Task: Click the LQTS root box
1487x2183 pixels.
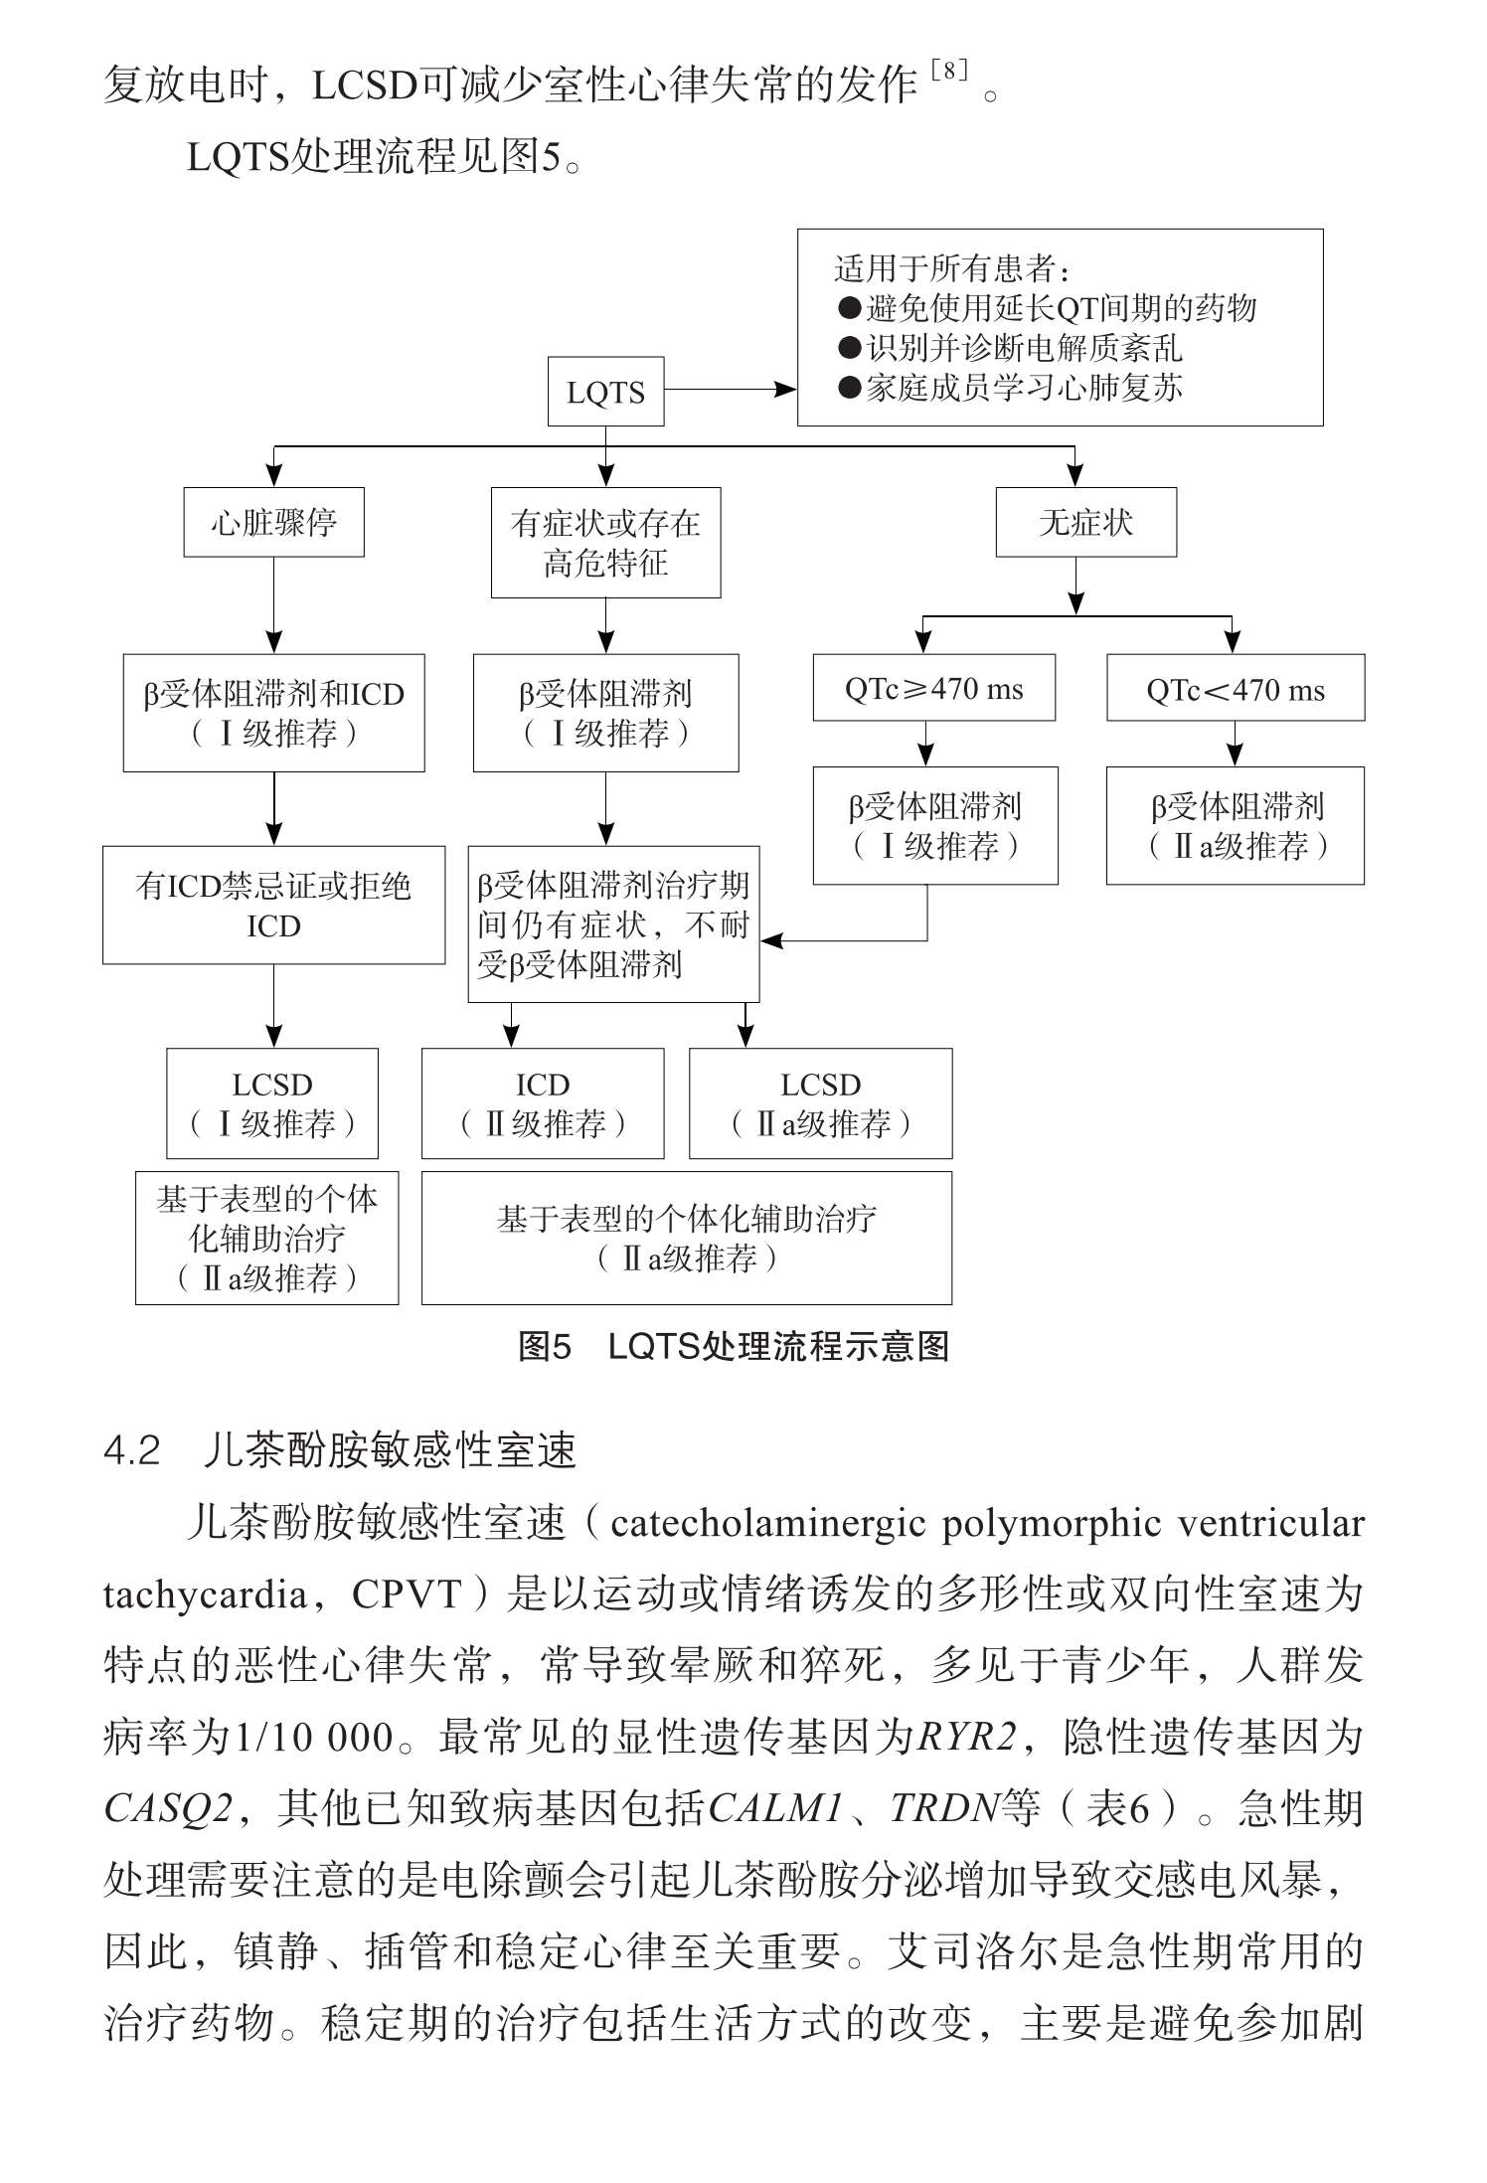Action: [x=605, y=392]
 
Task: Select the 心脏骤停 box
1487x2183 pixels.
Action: [x=273, y=522]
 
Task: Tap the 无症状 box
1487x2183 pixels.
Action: [x=1085, y=522]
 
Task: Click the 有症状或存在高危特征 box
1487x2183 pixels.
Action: [x=605, y=543]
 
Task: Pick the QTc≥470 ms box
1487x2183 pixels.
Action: [x=933, y=688]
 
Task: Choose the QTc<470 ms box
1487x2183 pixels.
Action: [x=1235, y=688]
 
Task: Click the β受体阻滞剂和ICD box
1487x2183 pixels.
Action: [x=273, y=713]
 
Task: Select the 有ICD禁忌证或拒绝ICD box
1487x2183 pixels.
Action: [x=273, y=905]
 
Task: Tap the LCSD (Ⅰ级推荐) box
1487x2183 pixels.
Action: [x=271, y=1103]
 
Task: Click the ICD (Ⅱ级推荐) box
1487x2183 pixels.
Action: [x=543, y=1103]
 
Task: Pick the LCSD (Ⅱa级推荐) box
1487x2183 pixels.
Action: [x=820, y=1103]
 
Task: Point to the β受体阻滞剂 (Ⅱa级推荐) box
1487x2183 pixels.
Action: [x=1235, y=825]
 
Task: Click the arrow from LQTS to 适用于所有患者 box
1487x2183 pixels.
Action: [x=730, y=390]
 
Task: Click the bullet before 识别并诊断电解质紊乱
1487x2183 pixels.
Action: [x=849, y=348]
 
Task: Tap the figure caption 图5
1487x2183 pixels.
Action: [x=545, y=1347]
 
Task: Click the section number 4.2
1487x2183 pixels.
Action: [x=131, y=1451]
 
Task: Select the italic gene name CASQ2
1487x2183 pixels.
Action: [x=167, y=1808]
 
